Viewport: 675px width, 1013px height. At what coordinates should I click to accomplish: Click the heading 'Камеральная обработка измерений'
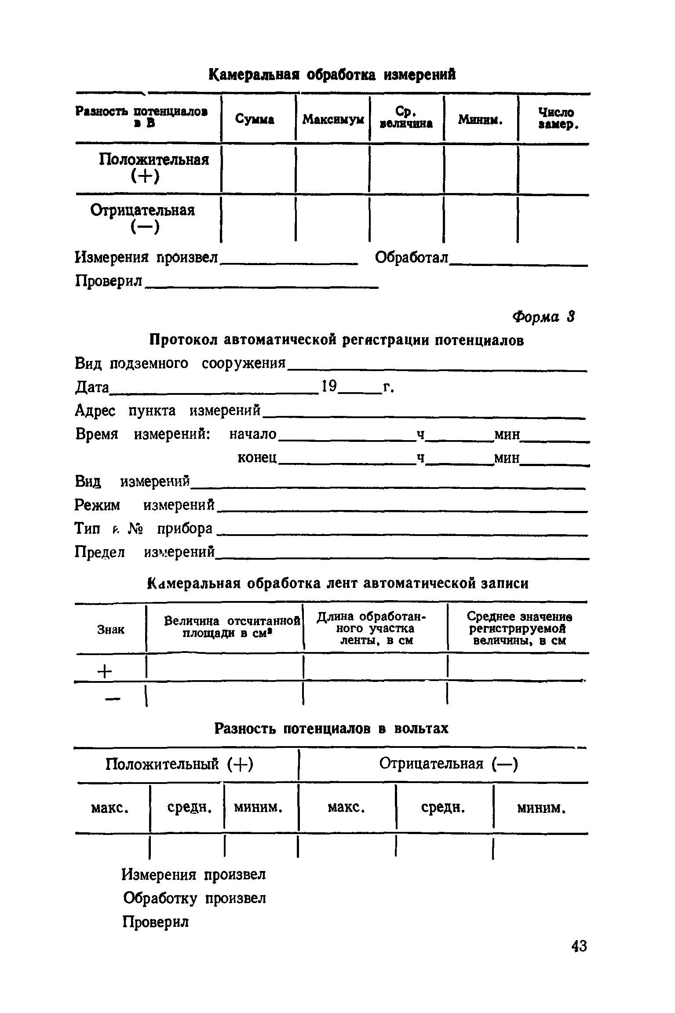[x=332, y=75]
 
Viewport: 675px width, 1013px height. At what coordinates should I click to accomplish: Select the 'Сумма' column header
[x=255, y=119]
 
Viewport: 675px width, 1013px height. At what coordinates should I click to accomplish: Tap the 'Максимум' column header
[x=333, y=119]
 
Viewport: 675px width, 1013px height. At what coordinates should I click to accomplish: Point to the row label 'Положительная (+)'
[x=147, y=168]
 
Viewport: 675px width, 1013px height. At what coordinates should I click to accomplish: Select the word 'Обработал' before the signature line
[x=412, y=258]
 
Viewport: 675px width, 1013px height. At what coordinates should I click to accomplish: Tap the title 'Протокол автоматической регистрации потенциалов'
[x=337, y=340]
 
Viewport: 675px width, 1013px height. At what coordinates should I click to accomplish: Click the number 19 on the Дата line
[x=328, y=386]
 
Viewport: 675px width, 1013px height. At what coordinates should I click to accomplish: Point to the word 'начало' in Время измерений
[x=253, y=434]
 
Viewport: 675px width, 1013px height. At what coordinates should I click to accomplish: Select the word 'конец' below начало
[x=257, y=458]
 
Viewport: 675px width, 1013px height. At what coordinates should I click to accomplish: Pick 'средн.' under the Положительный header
[x=187, y=807]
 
